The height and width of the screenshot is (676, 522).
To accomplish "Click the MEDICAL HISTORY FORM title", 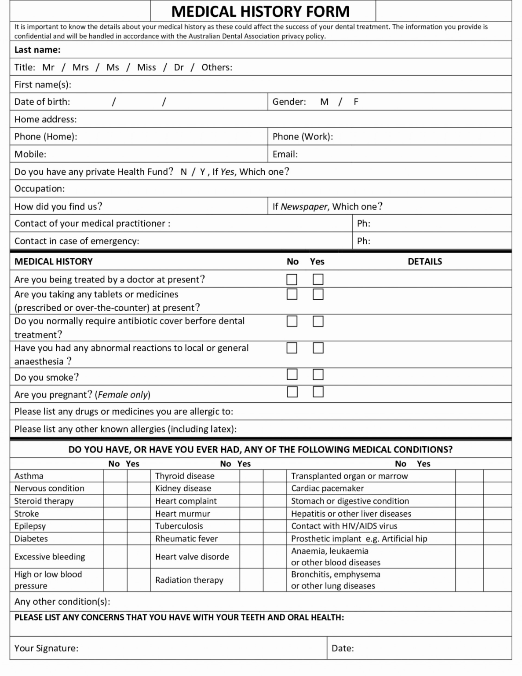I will (260, 11).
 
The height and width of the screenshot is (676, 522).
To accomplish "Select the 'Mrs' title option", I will (80, 67).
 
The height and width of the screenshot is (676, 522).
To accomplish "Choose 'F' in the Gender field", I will (356, 102).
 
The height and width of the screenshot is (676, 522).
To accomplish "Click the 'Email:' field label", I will (285, 154).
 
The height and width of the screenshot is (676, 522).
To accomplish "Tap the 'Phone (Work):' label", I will (303, 136).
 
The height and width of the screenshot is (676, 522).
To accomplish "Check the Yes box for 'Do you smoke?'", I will (318, 375).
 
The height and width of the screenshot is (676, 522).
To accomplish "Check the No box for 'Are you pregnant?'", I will (292, 392).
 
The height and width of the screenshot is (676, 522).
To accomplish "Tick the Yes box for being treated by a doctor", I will (318, 279).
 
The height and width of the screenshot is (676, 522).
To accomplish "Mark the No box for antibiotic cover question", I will (292, 321).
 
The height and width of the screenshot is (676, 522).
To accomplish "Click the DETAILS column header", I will (424, 261).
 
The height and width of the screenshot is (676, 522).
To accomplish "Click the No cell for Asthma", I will (115, 476).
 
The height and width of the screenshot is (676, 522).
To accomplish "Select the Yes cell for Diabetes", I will (139, 539).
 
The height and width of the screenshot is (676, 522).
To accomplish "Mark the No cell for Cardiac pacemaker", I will (469, 489).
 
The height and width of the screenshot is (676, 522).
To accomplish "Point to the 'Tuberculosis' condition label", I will (179, 526).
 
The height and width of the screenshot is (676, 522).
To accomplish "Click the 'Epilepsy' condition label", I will (30, 526).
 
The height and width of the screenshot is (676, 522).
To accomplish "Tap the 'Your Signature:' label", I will (46, 648).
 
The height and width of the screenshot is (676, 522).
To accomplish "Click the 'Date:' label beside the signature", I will (343, 648).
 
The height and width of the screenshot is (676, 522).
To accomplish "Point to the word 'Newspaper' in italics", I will (304, 206).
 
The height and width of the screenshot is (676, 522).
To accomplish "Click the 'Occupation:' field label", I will (40, 189).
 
